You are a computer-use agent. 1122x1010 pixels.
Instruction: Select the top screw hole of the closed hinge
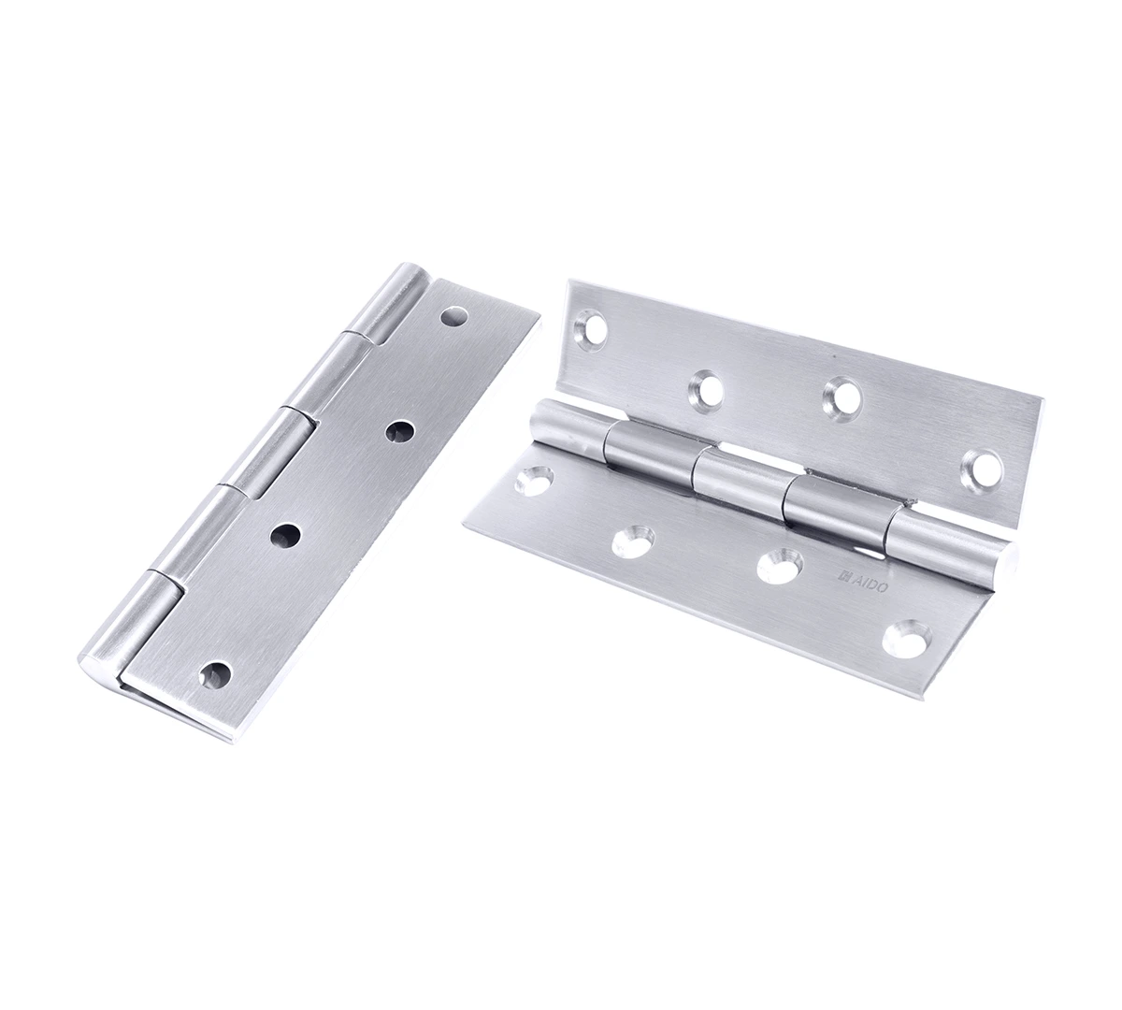pyautogui.click(x=453, y=317)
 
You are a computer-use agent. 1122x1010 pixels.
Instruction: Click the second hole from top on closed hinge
pyautogui.click(x=400, y=434)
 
